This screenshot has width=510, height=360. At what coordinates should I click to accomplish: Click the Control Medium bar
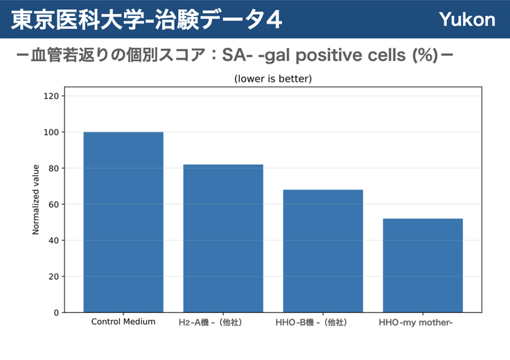[x=123, y=222]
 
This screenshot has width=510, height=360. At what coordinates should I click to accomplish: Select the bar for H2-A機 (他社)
[x=223, y=238]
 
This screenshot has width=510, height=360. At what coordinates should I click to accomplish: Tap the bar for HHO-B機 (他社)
[x=323, y=251]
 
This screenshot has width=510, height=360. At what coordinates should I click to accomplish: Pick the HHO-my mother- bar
[x=423, y=265]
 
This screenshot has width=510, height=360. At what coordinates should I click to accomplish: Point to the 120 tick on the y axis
[x=51, y=96]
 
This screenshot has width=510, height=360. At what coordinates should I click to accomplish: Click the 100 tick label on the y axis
[x=51, y=132]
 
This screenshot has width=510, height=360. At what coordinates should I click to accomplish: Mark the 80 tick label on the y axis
[x=54, y=168]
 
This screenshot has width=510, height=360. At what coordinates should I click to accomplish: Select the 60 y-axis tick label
[x=54, y=204]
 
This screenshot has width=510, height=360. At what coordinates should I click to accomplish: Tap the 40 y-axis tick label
[x=54, y=240]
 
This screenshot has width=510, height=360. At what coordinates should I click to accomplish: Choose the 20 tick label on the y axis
[x=54, y=276]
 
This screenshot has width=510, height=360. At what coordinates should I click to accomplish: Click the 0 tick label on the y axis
[x=57, y=312]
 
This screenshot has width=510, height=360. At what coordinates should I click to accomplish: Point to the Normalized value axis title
[x=35, y=199]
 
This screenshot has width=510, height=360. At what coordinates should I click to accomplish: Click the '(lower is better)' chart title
[x=273, y=79]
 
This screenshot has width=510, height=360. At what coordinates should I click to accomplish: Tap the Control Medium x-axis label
[x=123, y=322]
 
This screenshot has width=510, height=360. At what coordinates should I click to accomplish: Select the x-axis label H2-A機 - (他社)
[x=210, y=323]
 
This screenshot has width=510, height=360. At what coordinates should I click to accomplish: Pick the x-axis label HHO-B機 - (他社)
[x=311, y=323]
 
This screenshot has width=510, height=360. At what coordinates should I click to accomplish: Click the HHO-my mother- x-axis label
[x=416, y=323]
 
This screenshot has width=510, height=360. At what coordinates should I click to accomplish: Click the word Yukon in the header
[x=467, y=19]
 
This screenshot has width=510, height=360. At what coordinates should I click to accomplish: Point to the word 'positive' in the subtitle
[x=329, y=55]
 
